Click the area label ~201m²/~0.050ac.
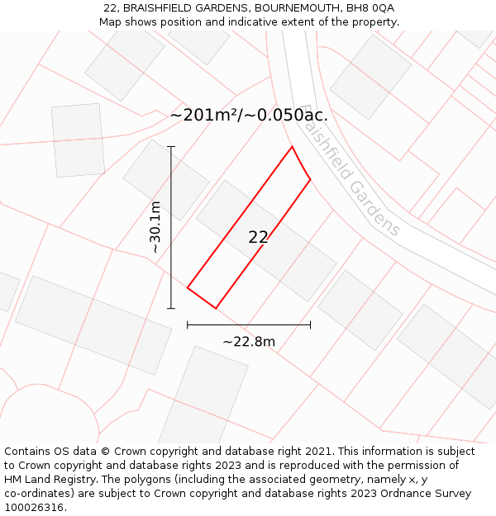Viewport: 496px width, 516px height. coord(249,116)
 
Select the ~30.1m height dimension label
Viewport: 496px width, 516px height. coord(155,227)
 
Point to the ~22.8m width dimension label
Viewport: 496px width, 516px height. coord(249,341)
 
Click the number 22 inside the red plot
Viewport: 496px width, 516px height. coord(258,238)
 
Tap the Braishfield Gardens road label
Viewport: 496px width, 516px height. coord(351,171)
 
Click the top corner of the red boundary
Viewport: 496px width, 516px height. coord(292,147)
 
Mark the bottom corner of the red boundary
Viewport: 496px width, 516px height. coord(216,309)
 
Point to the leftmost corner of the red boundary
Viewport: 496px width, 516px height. coord(188,288)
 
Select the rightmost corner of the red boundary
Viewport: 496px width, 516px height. coord(310,178)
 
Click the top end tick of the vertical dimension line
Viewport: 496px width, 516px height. coord(171,147)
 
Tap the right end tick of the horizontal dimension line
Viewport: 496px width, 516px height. coord(310,324)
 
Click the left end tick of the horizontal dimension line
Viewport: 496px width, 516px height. coord(188,324)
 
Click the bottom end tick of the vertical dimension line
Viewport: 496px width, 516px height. coord(171,309)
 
